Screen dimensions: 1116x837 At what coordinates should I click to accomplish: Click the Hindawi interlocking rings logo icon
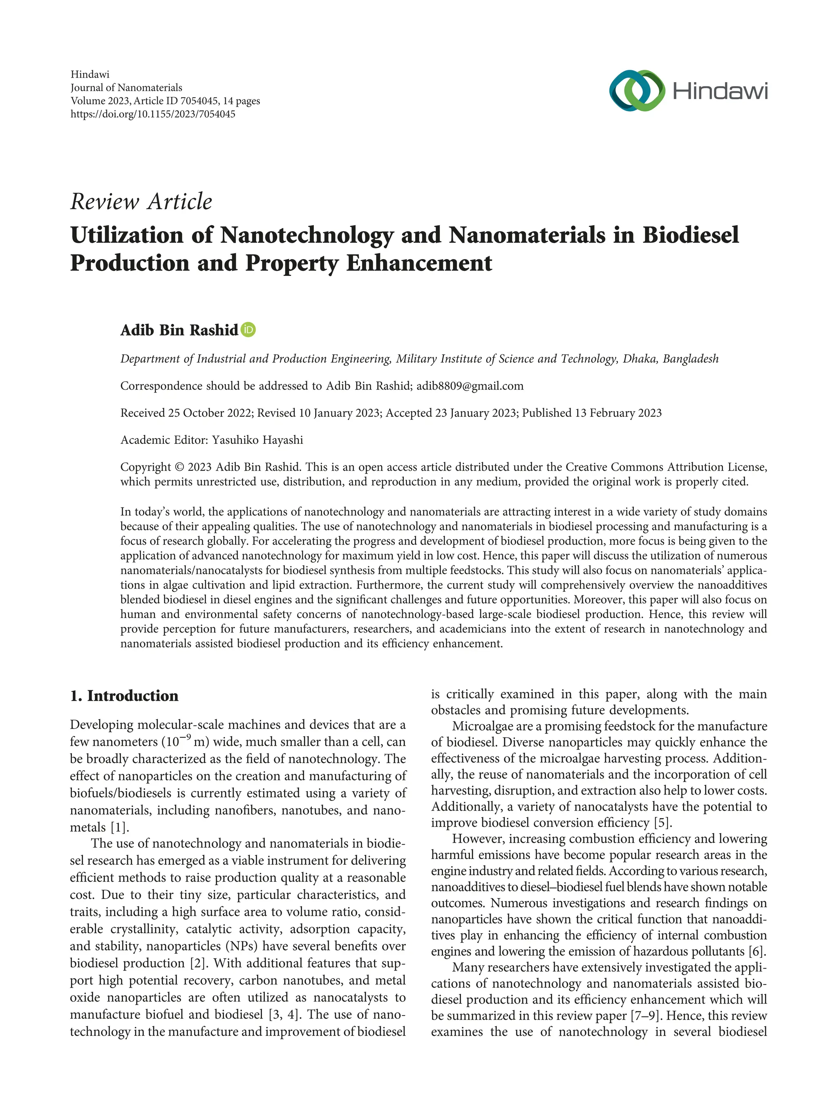tap(637, 91)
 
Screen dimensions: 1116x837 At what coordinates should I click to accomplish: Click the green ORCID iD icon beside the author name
tap(248, 330)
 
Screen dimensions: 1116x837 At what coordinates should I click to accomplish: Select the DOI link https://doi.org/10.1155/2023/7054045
tap(153, 114)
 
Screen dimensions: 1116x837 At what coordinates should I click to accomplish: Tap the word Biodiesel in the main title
tap(690, 235)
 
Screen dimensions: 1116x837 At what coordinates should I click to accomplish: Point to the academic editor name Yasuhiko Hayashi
tap(257, 440)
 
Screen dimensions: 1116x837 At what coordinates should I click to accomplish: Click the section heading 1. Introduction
tap(124, 696)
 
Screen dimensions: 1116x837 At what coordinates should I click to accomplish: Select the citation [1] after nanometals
tap(120, 827)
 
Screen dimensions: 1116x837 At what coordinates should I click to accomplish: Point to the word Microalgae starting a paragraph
tap(480, 727)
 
